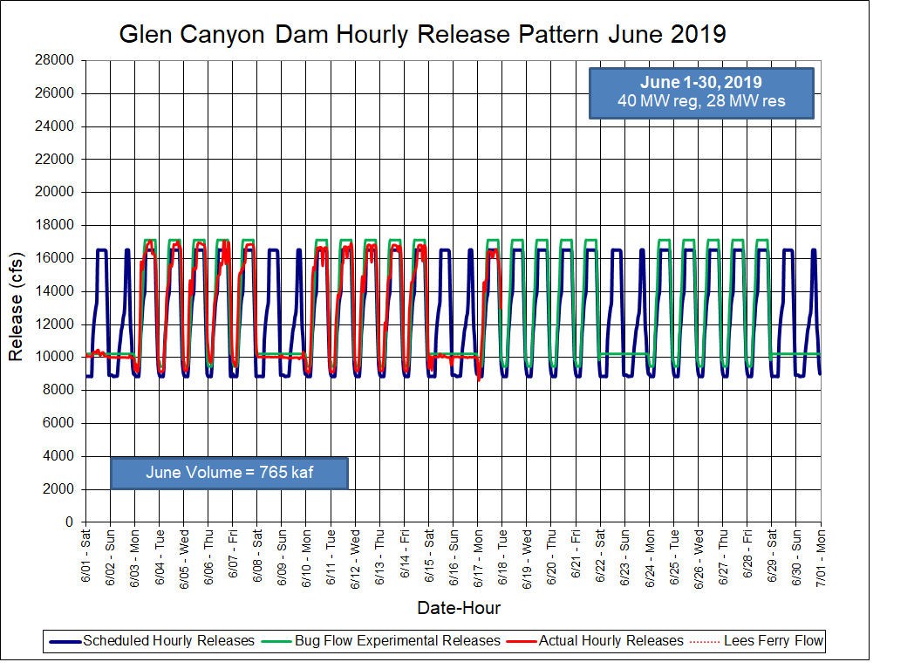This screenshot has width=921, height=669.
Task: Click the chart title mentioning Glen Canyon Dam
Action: pyautogui.click(x=422, y=34)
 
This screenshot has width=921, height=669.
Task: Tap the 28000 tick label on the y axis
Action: pyautogui.click(x=55, y=60)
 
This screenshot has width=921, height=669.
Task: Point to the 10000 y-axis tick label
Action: pyautogui.click(x=55, y=357)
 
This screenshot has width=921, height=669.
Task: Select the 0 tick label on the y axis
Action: pyautogui.click(x=69, y=522)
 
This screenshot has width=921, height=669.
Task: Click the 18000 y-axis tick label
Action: pyautogui.click(x=55, y=225)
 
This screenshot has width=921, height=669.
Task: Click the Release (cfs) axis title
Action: pyautogui.click(x=16, y=291)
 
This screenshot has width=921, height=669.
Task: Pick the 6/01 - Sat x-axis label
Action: pyautogui.click(x=86, y=554)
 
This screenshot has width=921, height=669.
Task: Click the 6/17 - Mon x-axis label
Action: pyautogui.click(x=478, y=554)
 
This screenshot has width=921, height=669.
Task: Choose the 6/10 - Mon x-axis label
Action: pyautogui.click(x=307, y=554)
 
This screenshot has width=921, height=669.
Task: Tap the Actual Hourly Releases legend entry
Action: pyautogui.click(x=611, y=641)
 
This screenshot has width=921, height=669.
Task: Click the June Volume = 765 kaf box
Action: pyautogui.click(x=229, y=473)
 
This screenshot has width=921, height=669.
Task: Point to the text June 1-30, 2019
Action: pyautogui.click(x=701, y=83)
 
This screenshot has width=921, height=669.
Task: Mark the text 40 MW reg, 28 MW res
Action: pyautogui.click(x=701, y=101)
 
